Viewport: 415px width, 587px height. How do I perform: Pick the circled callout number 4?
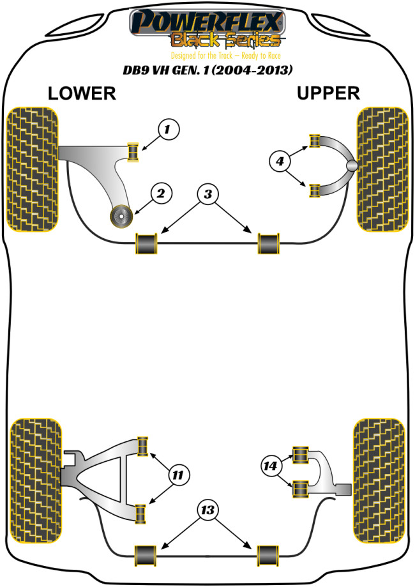coord(280,162)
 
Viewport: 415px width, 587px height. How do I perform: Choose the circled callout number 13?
coord(207,510)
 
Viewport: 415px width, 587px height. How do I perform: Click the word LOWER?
coord(82,93)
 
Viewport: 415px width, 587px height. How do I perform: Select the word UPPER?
coord(328,93)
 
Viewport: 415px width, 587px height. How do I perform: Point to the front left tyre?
coord(31,169)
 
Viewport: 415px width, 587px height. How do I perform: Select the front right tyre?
coord(382,169)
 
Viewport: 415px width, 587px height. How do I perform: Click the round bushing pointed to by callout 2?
coord(120,217)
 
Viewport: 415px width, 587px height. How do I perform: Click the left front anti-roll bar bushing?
coord(147,244)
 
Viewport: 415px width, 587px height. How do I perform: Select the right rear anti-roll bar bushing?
coord(268,556)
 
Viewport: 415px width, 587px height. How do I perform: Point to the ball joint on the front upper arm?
coord(351,165)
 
